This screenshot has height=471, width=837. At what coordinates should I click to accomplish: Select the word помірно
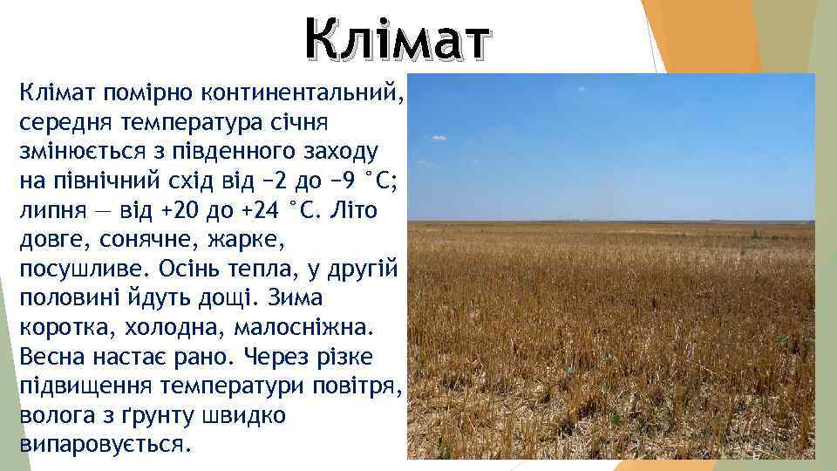tap(147, 91)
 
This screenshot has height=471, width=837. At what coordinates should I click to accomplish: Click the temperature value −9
tap(330, 181)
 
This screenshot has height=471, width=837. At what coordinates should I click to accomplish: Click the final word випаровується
tap(101, 444)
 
